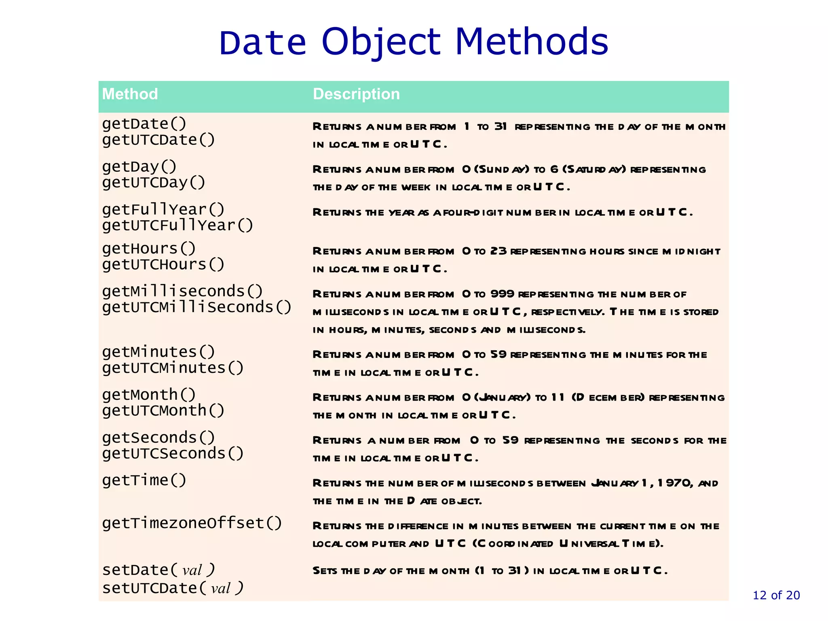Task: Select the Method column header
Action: [x=130, y=94]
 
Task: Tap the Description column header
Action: [x=356, y=94]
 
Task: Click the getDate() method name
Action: [x=144, y=124]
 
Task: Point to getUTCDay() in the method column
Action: [x=154, y=183]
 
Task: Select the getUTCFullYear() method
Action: [x=177, y=225]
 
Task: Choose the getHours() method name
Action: [x=149, y=248]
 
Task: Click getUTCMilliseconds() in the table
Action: [x=196, y=307]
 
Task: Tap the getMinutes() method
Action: [x=158, y=352]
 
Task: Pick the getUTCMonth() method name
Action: [x=163, y=411]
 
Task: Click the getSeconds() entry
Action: [x=158, y=437]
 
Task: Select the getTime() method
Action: [x=144, y=480]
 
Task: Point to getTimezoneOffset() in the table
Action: [x=192, y=523]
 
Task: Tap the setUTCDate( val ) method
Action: [x=173, y=588]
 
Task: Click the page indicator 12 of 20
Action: [x=776, y=595]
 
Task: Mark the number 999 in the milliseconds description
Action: [x=502, y=294]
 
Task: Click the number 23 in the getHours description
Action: [x=498, y=251]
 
